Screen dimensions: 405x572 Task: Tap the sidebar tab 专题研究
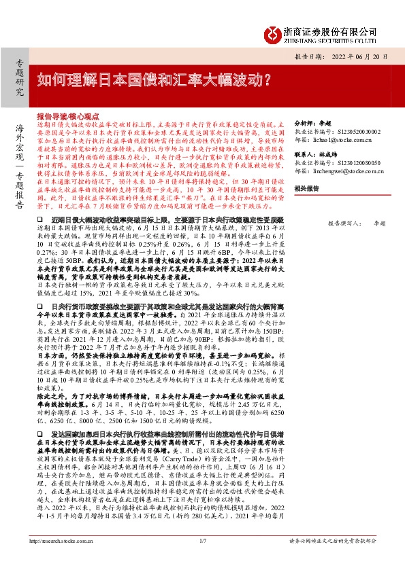[x=19, y=77]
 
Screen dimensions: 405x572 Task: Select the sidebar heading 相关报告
[x=304, y=188]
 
